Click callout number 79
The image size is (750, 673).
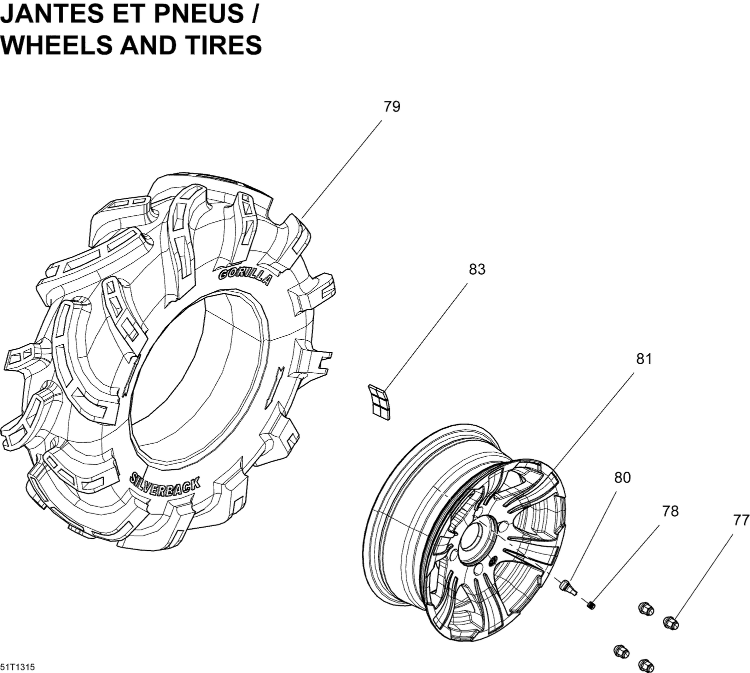(x=392, y=107)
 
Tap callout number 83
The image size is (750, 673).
(x=476, y=269)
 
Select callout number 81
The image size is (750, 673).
(x=644, y=359)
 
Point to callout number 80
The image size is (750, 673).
(x=622, y=478)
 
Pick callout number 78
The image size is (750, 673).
(x=670, y=511)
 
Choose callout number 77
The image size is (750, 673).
(x=741, y=521)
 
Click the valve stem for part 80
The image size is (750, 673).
(x=568, y=585)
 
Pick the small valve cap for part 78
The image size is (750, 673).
(x=591, y=606)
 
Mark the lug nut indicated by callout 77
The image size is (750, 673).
(x=670, y=623)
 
